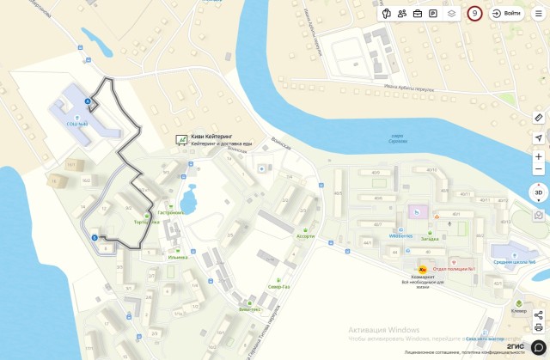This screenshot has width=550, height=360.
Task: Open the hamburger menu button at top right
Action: tap(539, 14)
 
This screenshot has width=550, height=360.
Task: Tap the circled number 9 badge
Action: tap(474, 14)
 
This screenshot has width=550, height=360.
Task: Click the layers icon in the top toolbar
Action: tap(451, 14)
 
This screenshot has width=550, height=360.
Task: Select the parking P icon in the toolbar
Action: tap(433, 14)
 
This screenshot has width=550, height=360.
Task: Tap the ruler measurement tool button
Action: tap(539, 117)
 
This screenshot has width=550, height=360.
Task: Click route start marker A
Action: tap(86, 101)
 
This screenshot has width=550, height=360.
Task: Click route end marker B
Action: tap(94, 237)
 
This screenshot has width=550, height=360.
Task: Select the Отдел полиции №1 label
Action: tap(455, 268)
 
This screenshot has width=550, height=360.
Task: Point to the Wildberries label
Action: tap(400, 235)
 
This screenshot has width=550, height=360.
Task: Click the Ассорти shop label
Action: tap(305, 235)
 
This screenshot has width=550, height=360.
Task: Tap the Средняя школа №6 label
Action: tap(514, 262)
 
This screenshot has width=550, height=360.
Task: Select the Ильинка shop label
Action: tap(178, 257)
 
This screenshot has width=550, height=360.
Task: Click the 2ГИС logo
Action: tap(516, 346)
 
